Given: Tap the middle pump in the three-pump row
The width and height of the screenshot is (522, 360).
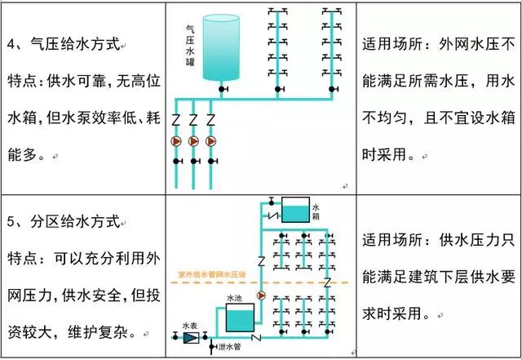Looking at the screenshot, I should pos(193,140).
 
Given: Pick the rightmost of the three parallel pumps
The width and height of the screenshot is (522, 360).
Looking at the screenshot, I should pos(211,140).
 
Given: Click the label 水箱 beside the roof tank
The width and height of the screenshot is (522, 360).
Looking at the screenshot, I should pos(317,212).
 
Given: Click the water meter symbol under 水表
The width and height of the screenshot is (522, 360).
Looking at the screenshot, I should pos(191,336).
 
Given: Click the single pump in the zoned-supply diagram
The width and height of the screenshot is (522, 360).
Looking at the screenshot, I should pos(262,296).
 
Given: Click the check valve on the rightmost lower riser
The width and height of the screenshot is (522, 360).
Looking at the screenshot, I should pos(327,282).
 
